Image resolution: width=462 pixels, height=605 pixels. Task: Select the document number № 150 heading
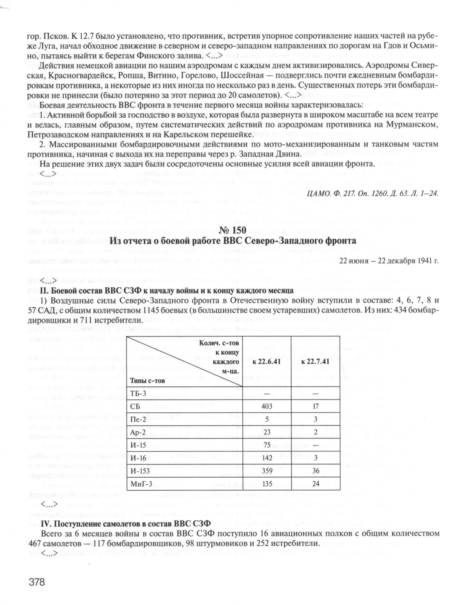(231, 231)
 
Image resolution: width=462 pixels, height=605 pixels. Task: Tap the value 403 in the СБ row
(266, 406)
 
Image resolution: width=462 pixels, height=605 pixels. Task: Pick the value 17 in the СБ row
(316, 406)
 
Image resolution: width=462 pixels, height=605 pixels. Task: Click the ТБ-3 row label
(139, 393)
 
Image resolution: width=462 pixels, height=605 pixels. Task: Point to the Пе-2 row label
(140, 419)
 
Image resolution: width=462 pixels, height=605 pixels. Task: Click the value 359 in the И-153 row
(266, 470)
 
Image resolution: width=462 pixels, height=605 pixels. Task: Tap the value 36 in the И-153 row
(316, 470)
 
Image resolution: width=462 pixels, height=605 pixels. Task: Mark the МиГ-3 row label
(142, 484)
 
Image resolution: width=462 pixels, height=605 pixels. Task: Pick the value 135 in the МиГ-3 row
(266, 484)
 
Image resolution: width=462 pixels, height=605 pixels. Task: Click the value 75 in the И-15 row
(266, 445)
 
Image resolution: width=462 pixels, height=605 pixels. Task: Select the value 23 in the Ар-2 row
(266, 432)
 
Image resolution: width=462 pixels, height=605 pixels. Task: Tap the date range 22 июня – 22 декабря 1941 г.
(389, 260)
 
